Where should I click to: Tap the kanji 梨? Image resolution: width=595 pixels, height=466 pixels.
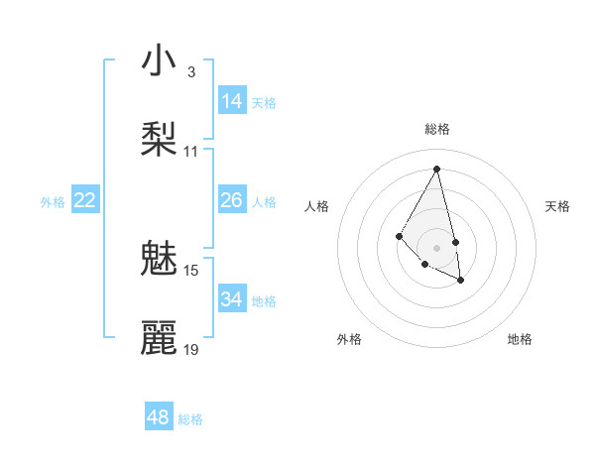(159, 139)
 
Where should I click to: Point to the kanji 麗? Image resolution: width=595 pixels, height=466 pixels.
(159, 337)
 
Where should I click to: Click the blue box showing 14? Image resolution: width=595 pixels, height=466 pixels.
(232, 101)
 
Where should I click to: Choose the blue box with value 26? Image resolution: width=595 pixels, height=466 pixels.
(232, 200)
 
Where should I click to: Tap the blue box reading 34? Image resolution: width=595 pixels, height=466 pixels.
(232, 299)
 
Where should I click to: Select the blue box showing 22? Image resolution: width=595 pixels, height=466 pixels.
(85, 200)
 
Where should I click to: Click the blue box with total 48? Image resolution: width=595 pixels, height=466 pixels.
(159, 416)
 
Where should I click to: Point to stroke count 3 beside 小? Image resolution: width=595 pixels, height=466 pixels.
(190, 72)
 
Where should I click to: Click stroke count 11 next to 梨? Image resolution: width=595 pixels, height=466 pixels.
(190, 152)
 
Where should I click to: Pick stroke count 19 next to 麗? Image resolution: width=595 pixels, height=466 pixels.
(190, 350)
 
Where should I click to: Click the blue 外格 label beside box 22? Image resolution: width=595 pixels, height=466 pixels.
(53, 202)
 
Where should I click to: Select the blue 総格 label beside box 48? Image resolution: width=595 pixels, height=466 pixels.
(190, 419)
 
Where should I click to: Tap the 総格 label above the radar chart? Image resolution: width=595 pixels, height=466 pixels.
(436, 129)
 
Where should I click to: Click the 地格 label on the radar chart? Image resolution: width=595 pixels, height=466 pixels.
(520, 339)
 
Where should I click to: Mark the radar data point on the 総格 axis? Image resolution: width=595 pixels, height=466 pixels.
(436, 168)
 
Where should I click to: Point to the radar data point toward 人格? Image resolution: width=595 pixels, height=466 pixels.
(399, 235)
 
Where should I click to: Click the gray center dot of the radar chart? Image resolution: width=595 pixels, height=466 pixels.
(436, 247)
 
